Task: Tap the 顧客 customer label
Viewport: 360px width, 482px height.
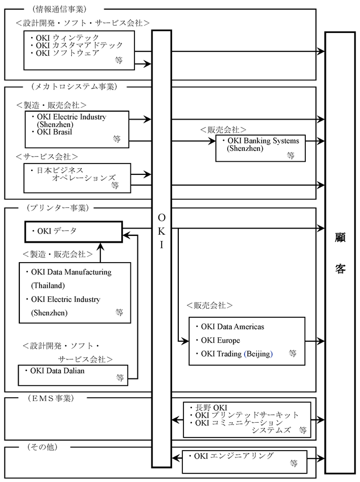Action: [340, 252]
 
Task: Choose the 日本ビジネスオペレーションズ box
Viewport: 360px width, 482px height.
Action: [76, 178]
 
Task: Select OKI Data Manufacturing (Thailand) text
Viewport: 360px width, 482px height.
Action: [72, 279]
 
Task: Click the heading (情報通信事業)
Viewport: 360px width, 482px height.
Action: [56, 9]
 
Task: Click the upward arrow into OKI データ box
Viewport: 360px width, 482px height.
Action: [100, 248]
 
